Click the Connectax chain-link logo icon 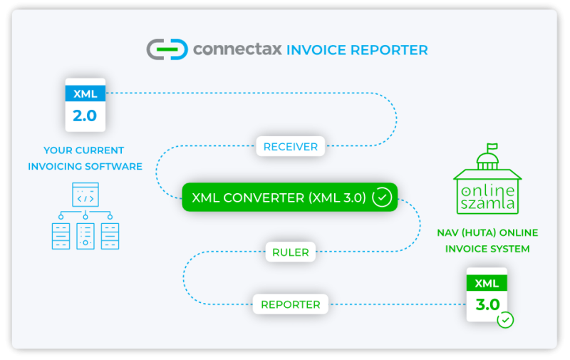167,49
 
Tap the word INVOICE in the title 318,50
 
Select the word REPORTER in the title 391,50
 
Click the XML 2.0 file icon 85,105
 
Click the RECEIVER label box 291,147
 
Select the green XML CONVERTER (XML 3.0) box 289,197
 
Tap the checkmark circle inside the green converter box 382,197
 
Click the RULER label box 290,252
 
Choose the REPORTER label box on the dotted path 290,304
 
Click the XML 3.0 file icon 487,294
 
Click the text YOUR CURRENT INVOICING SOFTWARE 85,158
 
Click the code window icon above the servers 85,193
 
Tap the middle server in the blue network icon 85,236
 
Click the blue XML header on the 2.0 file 85,93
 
